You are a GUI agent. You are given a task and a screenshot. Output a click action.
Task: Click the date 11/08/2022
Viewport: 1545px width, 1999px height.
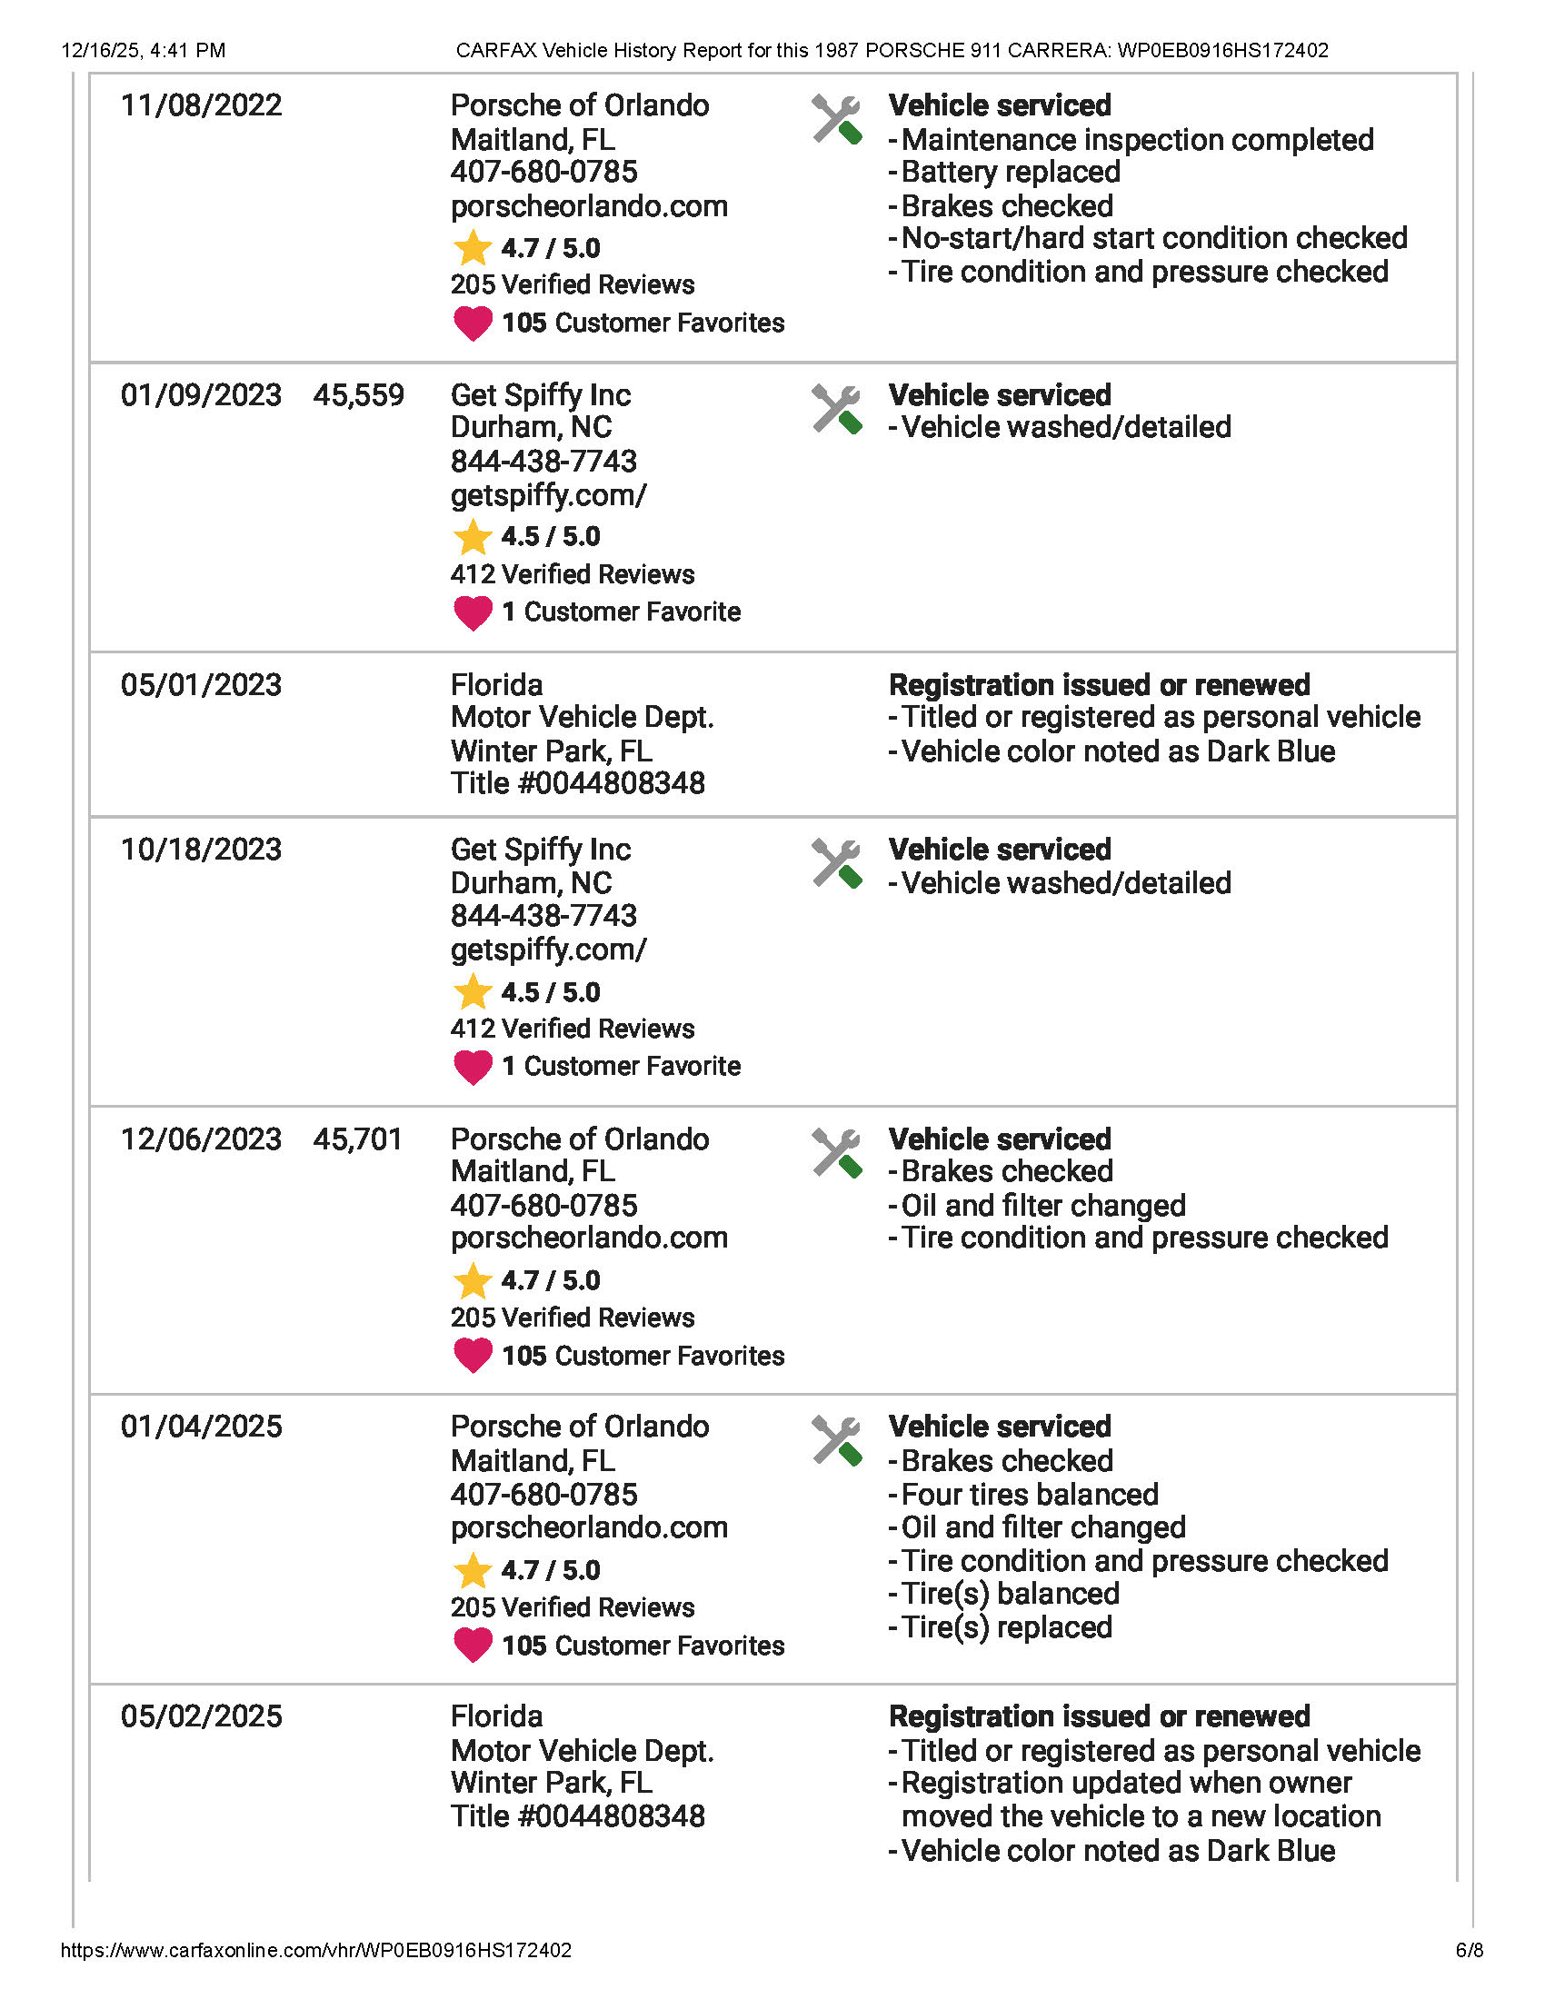click(202, 105)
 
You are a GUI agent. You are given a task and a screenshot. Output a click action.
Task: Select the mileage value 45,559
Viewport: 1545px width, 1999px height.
click(358, 395)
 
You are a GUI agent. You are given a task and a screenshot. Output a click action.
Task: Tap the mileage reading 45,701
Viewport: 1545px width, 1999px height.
click(358, 1139)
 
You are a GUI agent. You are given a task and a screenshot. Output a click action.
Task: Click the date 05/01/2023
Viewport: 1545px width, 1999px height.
click(202, 684)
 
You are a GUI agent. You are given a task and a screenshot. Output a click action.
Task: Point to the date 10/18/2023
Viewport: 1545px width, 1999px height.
click(202, 850)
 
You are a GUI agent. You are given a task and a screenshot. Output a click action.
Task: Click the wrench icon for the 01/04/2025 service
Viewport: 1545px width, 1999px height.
click(835, 1441)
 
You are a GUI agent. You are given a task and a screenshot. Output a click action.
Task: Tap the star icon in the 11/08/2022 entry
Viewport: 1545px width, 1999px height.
click(473, 248)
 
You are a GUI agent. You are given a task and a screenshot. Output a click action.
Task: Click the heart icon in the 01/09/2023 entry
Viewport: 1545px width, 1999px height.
click(473, 612)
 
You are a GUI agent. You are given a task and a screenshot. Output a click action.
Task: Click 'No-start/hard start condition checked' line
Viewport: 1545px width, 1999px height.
click(1153, 238)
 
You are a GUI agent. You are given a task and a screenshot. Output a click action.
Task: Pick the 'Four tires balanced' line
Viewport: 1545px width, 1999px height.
click(1029, 1495)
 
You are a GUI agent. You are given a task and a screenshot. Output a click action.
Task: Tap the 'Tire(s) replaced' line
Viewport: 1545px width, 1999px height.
click(1006, 1626)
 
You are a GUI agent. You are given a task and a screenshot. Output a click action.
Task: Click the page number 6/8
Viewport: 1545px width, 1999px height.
click(1469, 1951)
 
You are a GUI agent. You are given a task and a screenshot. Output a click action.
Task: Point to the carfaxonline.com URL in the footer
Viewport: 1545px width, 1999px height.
click(315, 1951)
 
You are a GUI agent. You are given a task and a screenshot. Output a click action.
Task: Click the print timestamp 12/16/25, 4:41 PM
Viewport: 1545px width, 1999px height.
click(143, 50)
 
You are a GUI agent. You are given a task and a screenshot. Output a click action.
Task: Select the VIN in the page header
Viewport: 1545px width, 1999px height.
click(1222, 50)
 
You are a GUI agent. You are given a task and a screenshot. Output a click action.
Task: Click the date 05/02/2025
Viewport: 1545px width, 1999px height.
click(202, 1716)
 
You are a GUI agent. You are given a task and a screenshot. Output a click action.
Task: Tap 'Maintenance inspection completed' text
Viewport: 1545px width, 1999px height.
click(1137, 140)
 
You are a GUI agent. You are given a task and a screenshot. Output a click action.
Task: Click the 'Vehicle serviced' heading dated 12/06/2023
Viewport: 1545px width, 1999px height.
click(1000, 1139)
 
